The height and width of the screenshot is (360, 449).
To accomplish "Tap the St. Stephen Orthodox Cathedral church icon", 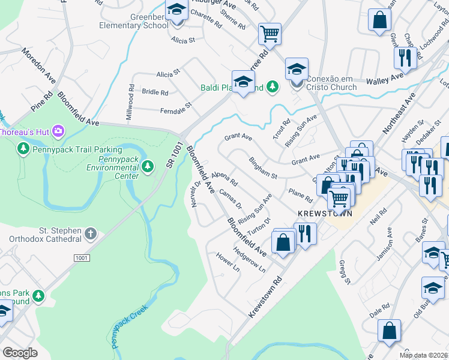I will [90, 233].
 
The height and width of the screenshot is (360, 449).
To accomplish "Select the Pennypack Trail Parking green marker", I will [24, 148].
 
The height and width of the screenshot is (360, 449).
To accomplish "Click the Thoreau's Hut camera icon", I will [58, 130].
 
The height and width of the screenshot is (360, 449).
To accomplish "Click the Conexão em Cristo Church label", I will [331, 83].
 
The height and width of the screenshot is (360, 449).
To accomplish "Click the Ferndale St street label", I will [175, 107].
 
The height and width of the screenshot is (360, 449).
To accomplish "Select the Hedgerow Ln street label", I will [249, 260].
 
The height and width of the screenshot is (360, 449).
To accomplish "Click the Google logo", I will [20, 353].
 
